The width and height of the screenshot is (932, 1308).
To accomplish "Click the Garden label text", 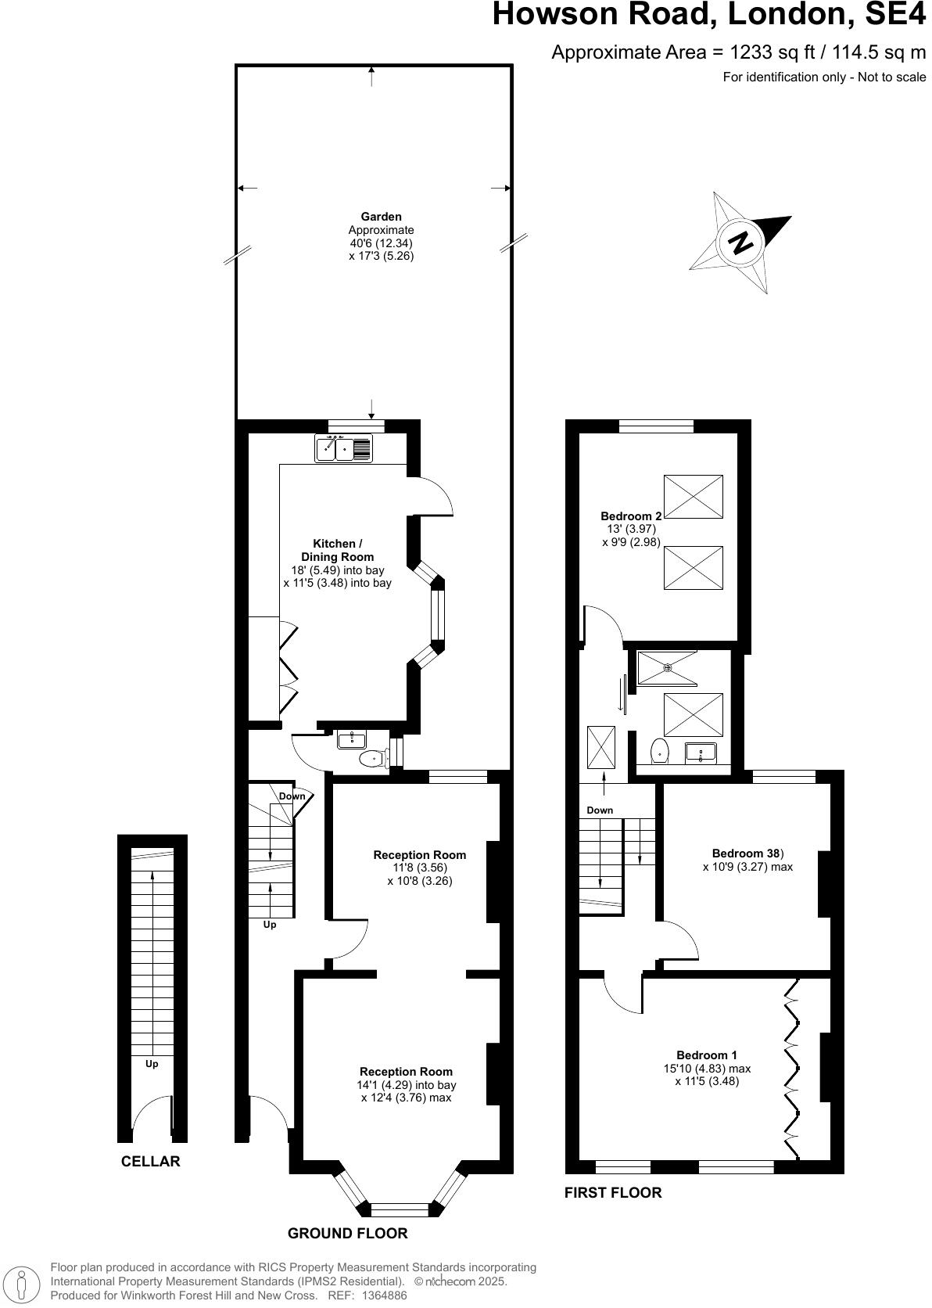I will pos(381,217).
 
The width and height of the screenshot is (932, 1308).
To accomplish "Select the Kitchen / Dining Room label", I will pos(337,550).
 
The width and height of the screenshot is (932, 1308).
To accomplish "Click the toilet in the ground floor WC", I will pos(373,758).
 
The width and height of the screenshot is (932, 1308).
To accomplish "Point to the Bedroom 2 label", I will pos(631,516).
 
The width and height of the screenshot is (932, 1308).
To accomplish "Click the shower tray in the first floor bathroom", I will pos(667,668).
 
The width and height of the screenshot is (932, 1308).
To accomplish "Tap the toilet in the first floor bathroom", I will pos(660,751).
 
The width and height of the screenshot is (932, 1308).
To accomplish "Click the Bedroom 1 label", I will pos(706,1055).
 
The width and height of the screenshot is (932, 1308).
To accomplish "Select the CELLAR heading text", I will pos(150,1162).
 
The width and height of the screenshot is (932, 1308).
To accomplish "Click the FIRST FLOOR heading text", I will pos(612,1193).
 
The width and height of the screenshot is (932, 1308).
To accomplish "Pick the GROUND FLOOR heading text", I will pos(347,1234).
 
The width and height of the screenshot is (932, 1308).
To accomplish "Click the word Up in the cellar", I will pos(152,1064).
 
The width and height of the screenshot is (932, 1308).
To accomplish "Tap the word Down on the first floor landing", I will pos(600,810).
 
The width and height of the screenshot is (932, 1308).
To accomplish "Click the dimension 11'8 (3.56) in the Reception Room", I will pos(420,868).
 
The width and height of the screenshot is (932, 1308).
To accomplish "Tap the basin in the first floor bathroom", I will pos(701,753).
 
